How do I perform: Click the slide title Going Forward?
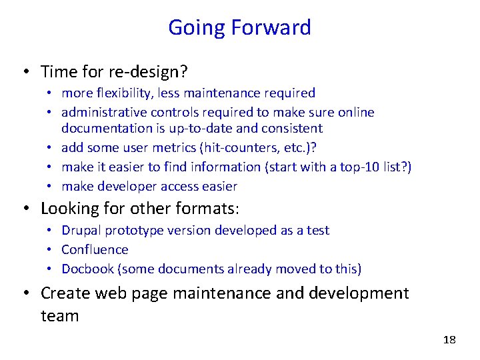[239, 27]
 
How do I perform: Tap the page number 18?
[449, 340]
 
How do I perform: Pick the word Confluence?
[95, 249]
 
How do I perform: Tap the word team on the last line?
[59, 315]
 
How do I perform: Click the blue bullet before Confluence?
[51, 250]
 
